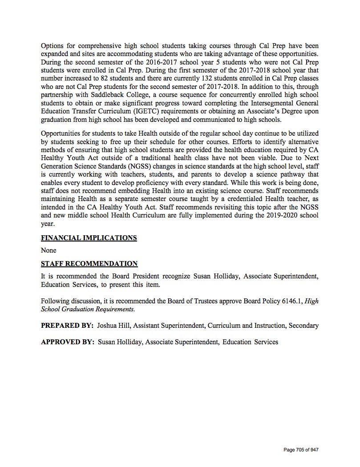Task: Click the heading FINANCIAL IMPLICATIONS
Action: [x=89, y=238]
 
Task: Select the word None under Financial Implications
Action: [x=49, y=250]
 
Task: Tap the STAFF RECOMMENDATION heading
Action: [x=89, y=264]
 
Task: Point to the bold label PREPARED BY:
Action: [x=67, y=326]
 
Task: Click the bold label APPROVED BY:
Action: [x=68, y=342]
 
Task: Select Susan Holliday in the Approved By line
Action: [x=120, y=342]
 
